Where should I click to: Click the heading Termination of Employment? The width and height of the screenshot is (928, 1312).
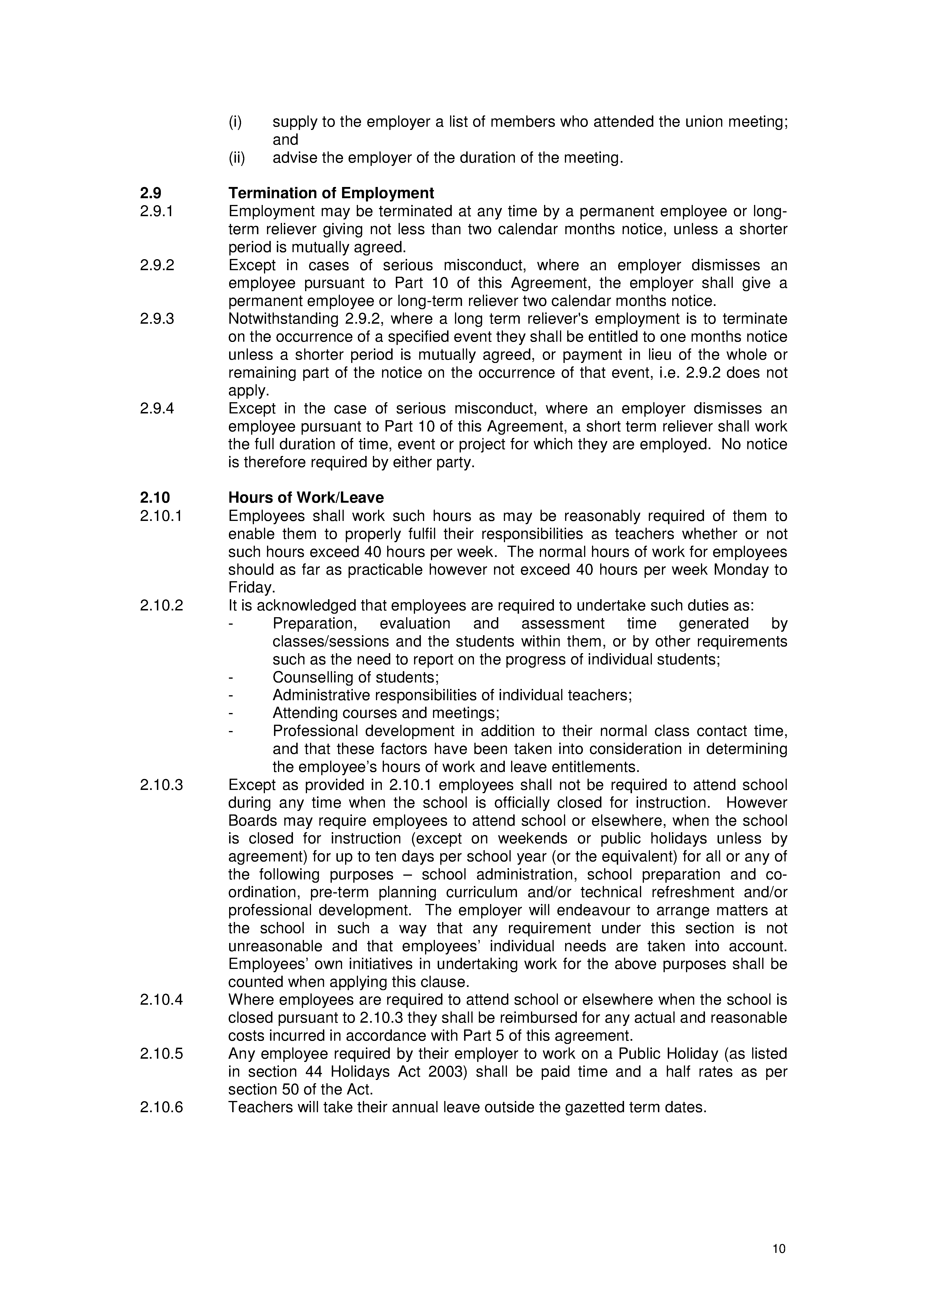tap(331, 193)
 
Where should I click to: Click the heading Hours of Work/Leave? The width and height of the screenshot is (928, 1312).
tap(306, 498)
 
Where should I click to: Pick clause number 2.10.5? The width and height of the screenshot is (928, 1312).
tap(161, 1053)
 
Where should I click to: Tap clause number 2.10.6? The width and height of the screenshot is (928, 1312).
tap(161, 1107)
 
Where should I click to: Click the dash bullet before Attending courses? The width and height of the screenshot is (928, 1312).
tap(231, 713)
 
